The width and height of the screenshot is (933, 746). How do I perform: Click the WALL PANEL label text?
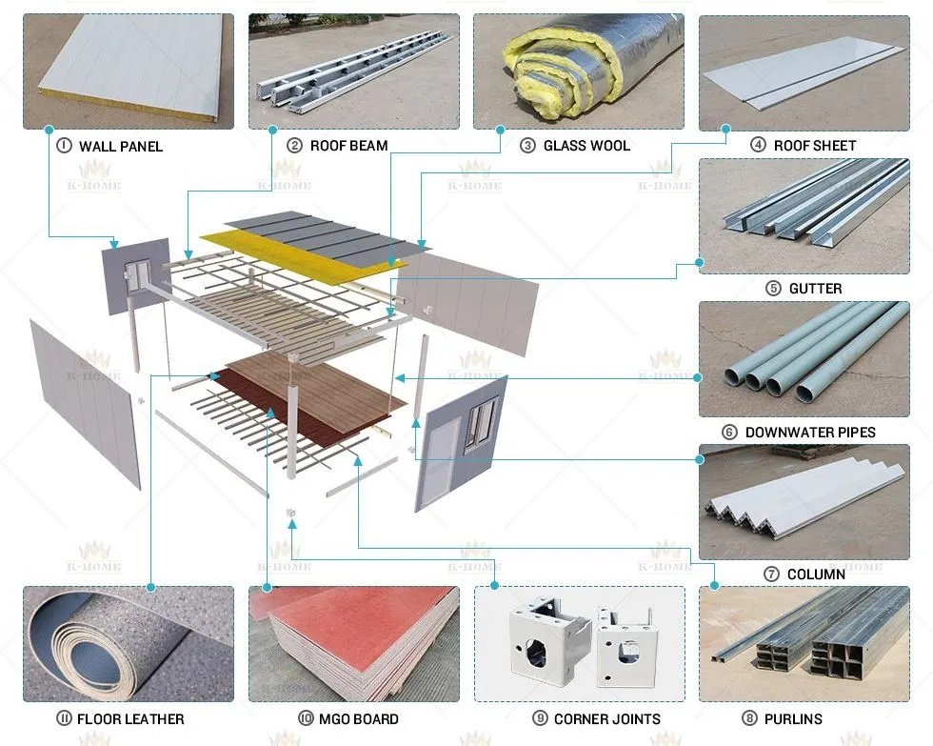point(121,147)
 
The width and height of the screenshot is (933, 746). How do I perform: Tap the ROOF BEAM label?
point(348,146)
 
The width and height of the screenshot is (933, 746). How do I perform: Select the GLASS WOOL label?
point(586,146)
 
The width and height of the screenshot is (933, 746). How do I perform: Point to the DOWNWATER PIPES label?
point(810,433)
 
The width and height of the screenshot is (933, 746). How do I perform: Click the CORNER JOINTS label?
point(607,719)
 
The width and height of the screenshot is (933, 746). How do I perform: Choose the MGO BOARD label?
point(358,719)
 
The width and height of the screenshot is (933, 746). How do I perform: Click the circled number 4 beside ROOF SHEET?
point(758,145)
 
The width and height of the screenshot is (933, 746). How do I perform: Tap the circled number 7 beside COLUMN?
point(771,575)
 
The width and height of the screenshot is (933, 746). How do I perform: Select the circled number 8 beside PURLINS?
point(749,718)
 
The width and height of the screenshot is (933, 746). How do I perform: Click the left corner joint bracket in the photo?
point(548,637)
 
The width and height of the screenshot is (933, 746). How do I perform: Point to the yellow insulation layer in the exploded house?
point(304,254)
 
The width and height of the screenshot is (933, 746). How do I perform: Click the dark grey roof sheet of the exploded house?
point(328,234)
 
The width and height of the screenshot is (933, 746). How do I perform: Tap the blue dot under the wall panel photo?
point(50,130)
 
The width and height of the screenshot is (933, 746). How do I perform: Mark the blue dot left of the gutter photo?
point(700,262)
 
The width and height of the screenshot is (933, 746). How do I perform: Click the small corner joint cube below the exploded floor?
point(291,513)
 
